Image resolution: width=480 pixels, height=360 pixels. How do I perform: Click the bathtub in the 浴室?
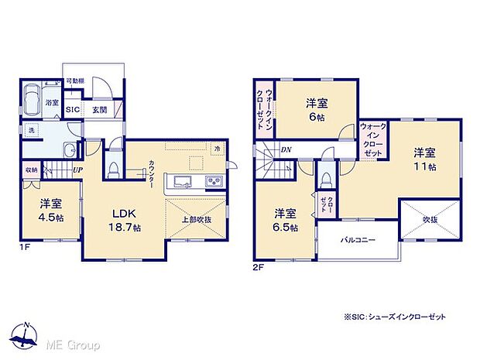tap(33, 99)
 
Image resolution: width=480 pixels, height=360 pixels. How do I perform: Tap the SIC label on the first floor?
tap(73, 111)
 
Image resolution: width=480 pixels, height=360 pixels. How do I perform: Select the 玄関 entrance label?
tap(100, 111)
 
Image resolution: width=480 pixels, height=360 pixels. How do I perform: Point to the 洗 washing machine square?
tap(31, 129)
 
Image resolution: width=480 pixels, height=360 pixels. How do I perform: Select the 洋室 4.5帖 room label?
tap(50, 211)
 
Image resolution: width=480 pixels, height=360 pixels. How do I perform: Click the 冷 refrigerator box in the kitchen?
tap(218, 149)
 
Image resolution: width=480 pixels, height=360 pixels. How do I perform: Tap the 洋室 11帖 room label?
tap(423, 159)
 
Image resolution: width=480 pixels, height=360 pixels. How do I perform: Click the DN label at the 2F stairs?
tap(286, 149)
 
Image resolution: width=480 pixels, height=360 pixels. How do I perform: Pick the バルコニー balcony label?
tap(358, 241)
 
